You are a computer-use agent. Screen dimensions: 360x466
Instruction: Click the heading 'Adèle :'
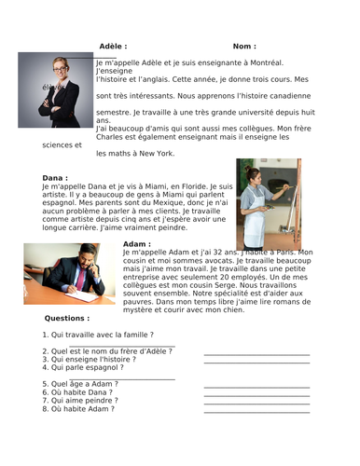113,46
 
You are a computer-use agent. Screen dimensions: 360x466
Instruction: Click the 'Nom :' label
244,46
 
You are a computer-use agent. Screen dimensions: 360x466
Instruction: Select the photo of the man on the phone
70,274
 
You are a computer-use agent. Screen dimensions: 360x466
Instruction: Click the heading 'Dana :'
56,178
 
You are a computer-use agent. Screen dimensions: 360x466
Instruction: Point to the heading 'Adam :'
137,244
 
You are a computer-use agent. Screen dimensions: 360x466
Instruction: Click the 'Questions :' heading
67,318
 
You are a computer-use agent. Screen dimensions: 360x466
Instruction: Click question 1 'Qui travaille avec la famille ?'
98,334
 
